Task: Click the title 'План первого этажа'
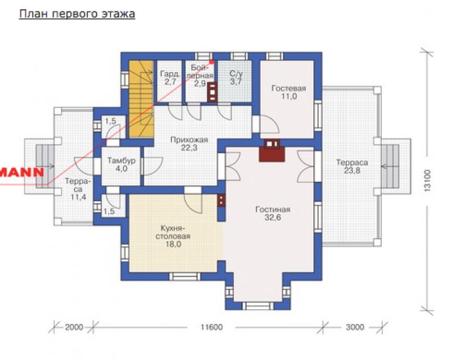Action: [77, 13]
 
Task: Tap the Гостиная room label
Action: [272, 213]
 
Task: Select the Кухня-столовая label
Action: [173, 236]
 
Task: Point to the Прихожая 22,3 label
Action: [189, 144]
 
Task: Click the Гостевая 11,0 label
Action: [288, 92]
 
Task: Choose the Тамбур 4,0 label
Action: [122, 164]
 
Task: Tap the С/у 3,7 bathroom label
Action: [236, 77]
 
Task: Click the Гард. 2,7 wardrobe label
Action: [170, 77]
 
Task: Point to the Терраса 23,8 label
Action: [352, 166]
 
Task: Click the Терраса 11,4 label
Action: [78, 189]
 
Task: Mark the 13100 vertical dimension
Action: [428, 181]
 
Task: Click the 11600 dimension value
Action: [211, 327]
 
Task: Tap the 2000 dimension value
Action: [74, 327]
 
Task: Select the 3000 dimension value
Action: [355, 327]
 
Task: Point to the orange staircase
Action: [141, 98]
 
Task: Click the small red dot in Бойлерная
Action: [211, 62]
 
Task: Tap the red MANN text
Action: [22, 172]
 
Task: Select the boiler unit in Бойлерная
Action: [212, 92]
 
